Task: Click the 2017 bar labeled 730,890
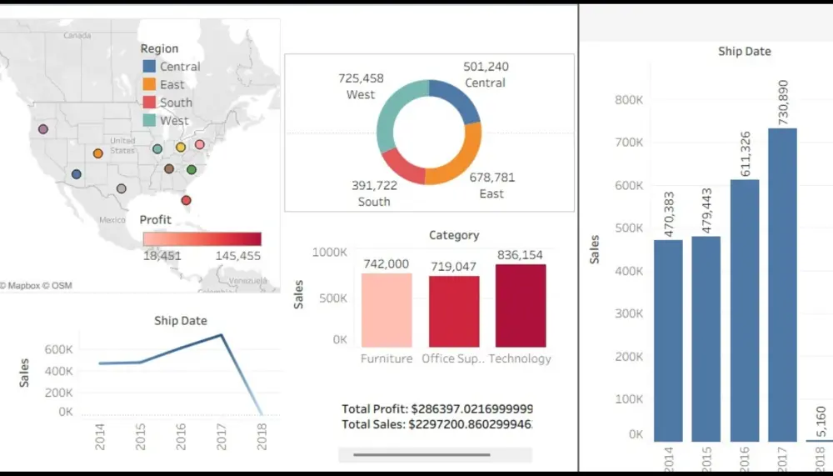782,283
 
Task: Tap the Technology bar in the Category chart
521,305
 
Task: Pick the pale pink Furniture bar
387,309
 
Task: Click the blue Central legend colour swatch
149,67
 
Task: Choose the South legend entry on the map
176,103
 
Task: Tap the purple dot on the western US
43,129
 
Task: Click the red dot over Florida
186,200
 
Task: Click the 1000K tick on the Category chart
330,252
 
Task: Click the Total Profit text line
436,409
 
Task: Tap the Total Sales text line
436,425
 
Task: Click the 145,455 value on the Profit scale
237,256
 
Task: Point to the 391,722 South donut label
373,186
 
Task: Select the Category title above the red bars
454,236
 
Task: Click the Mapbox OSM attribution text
37,286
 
